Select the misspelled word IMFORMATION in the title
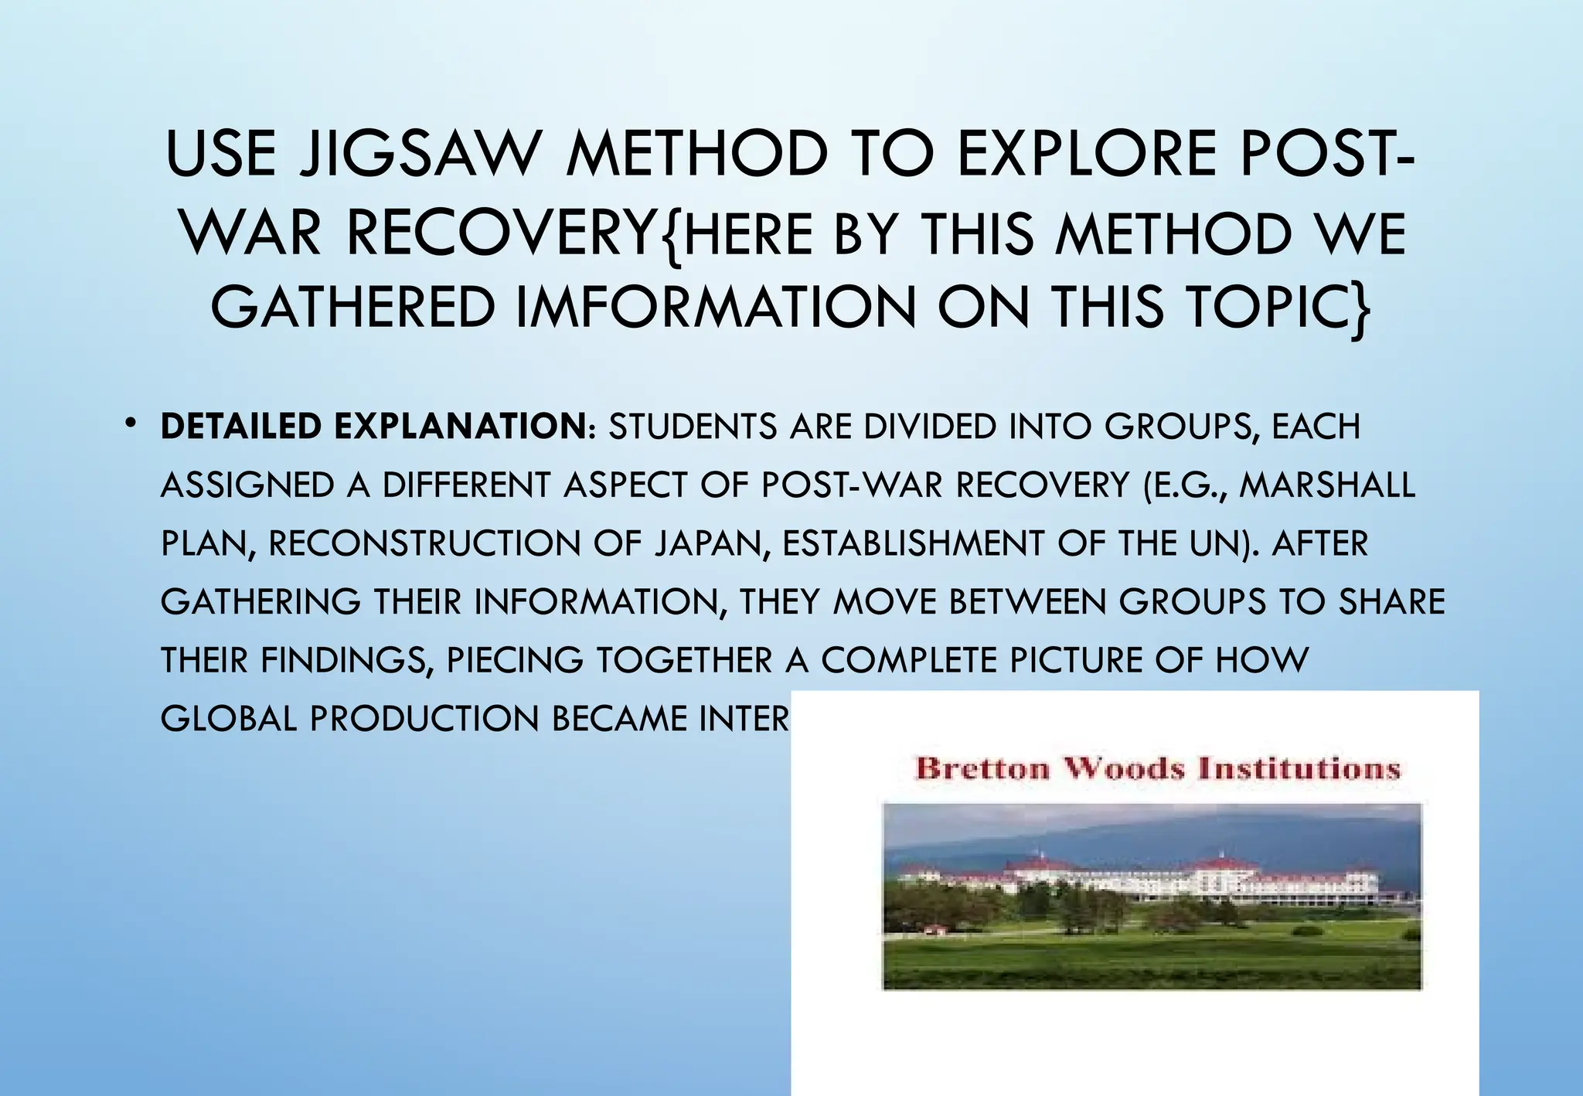(x=714, y=307)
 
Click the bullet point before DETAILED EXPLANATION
(x=131, y=422)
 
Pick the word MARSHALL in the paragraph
(x=1327, y=485)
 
